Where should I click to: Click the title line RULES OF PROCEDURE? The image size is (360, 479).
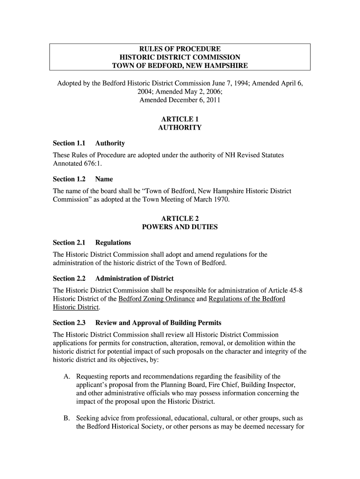coord(180,49)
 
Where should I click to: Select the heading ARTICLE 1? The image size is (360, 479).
coord(180,119)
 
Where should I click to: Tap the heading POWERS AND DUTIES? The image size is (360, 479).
coord(180,227)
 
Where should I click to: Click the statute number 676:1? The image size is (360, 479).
coord(92,164)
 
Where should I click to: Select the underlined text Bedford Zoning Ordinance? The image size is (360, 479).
coord(157,298)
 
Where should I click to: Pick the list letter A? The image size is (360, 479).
coord(67,376)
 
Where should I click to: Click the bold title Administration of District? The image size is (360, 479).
coord(134,278)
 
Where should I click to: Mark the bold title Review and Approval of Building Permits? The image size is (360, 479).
coord(158,323)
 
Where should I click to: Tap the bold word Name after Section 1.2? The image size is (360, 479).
coord(104,179)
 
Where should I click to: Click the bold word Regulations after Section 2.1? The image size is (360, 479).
coord(113,242)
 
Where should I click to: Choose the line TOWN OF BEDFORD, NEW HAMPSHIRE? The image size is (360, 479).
coord(180,65)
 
